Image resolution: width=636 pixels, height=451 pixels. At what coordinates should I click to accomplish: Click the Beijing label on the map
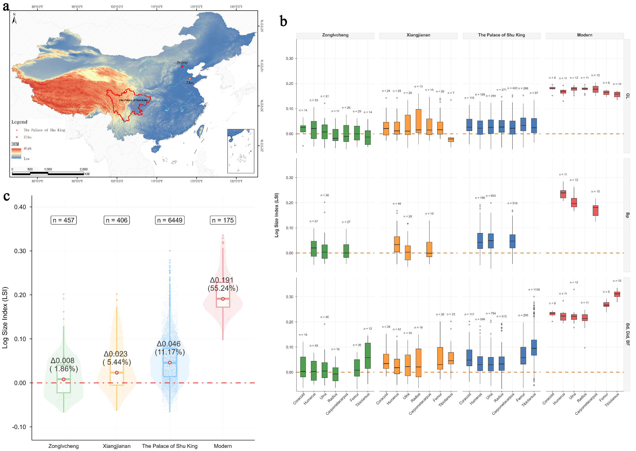182,62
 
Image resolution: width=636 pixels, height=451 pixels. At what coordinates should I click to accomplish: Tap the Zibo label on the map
190,83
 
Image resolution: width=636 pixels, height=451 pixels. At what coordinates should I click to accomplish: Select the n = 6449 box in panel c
170,220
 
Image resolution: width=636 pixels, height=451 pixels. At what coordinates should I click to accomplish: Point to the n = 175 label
223,220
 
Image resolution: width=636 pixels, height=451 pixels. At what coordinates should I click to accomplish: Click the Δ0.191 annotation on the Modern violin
222,280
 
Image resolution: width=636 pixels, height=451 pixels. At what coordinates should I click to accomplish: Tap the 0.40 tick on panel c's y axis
20,207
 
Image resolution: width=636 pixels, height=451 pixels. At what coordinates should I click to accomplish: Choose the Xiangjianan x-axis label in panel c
116,446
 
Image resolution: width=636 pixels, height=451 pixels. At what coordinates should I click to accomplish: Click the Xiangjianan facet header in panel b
418,35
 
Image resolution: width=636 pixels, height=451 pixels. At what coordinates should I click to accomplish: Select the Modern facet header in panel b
584,35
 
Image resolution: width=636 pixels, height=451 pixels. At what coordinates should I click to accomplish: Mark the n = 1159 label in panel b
534,290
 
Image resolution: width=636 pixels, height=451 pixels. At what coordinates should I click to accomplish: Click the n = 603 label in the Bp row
491,196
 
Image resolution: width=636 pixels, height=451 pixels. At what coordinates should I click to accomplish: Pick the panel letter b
283,21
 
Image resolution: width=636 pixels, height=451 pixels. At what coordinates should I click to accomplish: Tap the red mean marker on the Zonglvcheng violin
63,379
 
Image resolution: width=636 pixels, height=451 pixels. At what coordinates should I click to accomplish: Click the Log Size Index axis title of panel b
276,215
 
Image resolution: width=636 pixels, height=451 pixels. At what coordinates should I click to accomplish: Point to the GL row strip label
627,96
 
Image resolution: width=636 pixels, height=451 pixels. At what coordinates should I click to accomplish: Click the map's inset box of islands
241,151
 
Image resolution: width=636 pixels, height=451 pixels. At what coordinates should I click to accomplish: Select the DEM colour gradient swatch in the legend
16,153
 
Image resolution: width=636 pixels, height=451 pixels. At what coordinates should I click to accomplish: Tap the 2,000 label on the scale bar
83,169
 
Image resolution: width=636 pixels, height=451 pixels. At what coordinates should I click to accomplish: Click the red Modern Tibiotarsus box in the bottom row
617,294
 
